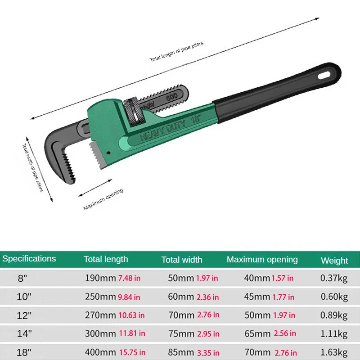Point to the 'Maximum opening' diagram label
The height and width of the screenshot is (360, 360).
(x=103, y=199)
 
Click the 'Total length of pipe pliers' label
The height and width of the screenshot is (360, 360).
(x=176, y=51)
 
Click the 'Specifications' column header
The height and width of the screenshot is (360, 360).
(x=29, y=259)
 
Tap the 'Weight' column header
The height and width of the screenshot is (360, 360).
(x=334, y=260)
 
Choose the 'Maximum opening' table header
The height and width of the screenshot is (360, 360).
(x=262, y=260)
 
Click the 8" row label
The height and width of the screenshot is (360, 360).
(x=22, y=278)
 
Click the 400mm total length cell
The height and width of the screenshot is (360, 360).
(x=99, y=352)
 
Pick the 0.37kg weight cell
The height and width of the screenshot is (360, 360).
(x=334, y=278)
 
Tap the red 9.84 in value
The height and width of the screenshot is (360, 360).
(x=129, y=297)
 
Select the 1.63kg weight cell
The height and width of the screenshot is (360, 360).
(x=334, y=352)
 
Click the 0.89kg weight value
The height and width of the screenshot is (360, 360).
(x=334, y=315)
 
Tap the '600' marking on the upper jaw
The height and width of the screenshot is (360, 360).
(x=171, y=96)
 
